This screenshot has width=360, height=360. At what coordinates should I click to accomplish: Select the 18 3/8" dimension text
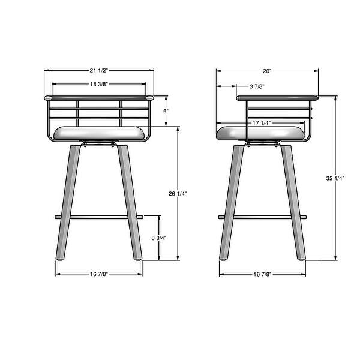coord(99,85)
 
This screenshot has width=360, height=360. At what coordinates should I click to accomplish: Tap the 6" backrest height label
coord(166,111)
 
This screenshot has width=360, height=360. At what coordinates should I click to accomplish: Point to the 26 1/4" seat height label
coord(178,193)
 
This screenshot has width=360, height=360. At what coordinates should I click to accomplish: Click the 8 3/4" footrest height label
coord(159,238)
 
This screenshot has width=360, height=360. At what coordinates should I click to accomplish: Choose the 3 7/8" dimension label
coord(257,87)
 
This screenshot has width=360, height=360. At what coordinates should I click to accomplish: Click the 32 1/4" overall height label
coord(335,178)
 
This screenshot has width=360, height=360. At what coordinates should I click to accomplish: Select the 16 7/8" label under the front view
coord(99,274)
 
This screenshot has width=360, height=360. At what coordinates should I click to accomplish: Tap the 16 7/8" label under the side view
coord(262,274)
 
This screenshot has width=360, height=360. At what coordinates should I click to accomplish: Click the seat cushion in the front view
coord(99,134)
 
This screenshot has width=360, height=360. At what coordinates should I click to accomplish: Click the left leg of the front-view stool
coord(68,204)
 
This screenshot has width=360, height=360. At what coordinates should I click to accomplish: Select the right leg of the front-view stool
coord(131,204)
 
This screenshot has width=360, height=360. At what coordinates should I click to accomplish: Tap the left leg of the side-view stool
coord(230,204)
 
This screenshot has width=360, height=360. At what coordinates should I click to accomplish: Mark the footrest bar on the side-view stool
coord(262,216)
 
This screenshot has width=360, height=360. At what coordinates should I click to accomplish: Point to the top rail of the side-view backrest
coord(276,97)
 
